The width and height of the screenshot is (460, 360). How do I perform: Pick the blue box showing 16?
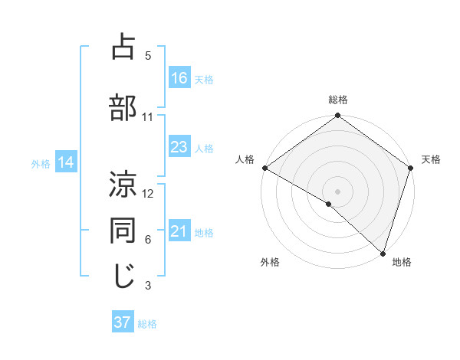(x=179, y=78)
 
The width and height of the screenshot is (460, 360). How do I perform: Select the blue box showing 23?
(x=179, y=147)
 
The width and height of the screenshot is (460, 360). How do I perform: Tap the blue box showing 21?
(x=179, y=232)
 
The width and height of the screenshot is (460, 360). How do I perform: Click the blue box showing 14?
(x=65, y=162)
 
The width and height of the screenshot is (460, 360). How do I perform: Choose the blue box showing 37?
(x=123, y=322)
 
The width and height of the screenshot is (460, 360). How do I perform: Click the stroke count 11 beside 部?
(x=148, y=117)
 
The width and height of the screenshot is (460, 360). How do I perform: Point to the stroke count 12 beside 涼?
(x=148, y=194)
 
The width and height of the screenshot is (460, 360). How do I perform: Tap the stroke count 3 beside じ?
(x=148, y=286)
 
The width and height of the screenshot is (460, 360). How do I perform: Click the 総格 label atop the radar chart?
(x=338, y=100)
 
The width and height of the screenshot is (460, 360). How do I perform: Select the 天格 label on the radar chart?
(x=432, y=159)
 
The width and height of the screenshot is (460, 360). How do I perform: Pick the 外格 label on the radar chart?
(x=270, y=262)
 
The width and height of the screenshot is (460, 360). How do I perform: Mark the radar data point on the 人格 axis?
(x=264, y=168)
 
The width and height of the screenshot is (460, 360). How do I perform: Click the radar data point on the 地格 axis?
(x=383, y=253)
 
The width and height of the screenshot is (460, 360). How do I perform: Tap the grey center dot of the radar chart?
(x=337, y=191)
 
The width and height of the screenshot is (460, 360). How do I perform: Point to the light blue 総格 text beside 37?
(x=147, y=324)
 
